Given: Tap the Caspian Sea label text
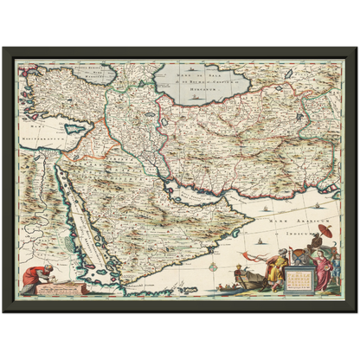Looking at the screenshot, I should pyautogui.click(x=193, y=78).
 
